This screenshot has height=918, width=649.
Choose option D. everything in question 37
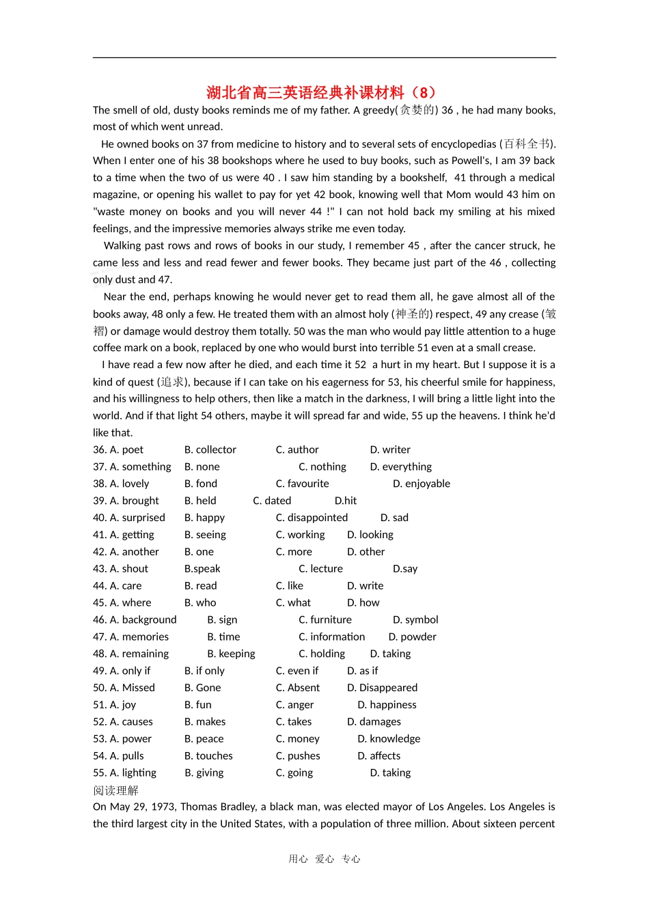(x=401, y=467)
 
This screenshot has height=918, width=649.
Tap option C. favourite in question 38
(x=302, y=484)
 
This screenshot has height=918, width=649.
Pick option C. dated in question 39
(x=272, y=501)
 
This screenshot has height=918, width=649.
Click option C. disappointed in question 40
(x=312, y=518)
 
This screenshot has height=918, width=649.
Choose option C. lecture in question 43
(x=320, y=569)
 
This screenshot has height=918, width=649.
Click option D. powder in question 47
(x=412, y=637)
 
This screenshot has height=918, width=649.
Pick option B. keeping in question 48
(x=231, y=654)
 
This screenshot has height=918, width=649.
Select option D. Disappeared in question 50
(x=382, y=688)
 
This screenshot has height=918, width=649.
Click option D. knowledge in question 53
(x=389, y=739)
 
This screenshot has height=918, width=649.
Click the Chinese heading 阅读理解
(x=115, y=790)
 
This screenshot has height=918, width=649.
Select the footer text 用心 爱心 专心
(x=324, y=859)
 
